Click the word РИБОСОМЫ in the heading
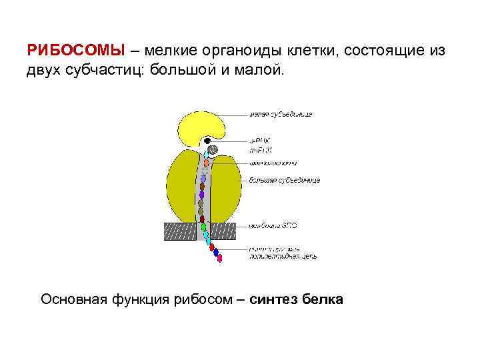point(75,51)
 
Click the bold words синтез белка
point(297,299)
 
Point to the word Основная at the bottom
point(73,299)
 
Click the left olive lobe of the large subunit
point(181,187)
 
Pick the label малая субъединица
point(281,114)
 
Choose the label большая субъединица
point(285,180)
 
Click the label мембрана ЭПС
point(273,225)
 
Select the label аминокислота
point(273,163)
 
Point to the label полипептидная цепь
point(283,256)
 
